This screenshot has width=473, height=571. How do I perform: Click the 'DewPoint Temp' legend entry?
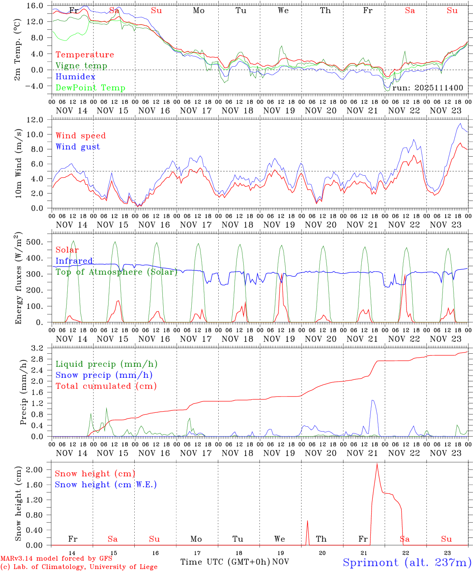click(x=90, y=88)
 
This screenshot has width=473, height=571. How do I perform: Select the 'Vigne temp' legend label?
click(x=81, y=66)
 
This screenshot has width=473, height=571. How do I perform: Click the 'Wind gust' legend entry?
click(x=78, y=147)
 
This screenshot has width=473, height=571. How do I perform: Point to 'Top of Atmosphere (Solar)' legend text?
click(x=116, y=272)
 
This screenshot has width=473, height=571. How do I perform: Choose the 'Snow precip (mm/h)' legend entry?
click(x=104, y=375)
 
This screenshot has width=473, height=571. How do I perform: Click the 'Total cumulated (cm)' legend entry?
click(x=106, y=386)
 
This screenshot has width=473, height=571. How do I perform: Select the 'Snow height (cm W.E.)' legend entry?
click(x=106, y=485)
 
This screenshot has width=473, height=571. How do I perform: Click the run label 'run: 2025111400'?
click(x=427, y=88)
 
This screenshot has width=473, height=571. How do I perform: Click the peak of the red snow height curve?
click(x=377, y=464)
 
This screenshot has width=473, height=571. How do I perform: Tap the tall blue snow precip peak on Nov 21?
click(x=372, y=400)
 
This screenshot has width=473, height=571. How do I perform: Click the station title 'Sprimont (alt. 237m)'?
click(x=407, y=562)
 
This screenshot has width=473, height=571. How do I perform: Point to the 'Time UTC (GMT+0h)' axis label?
click(x=225, y=562)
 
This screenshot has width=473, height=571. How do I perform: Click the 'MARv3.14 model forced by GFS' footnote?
click(x=56, y=558)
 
